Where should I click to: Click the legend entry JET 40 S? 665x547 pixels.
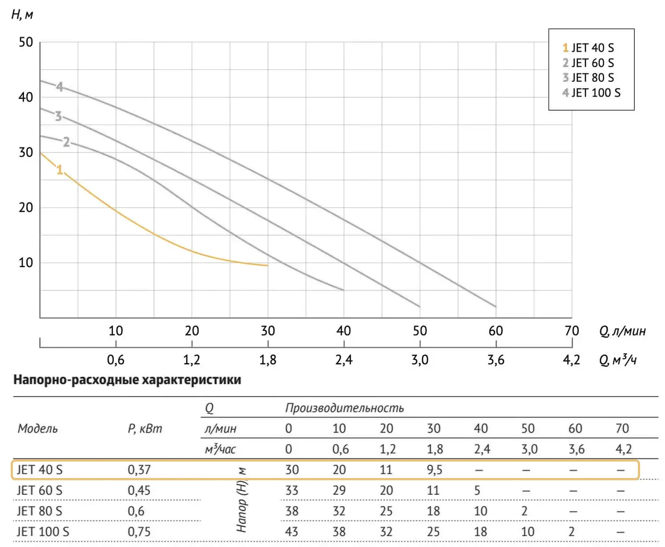pyautogui.click(x=588, y=48)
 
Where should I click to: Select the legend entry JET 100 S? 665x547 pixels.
pyautogui.click(x=591, y=93)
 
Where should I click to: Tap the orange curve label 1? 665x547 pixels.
pyautogui.click(x=60, y=170)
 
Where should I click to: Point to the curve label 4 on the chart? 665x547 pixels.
pyautogui.click(x=60, y=86)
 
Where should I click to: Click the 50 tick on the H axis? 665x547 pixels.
pyautogui.click(x=26, y=42)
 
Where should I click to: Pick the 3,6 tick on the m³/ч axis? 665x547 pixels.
pyautogui.click(x=496, y=360)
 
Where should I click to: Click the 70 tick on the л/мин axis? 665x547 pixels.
pyautogui.click(x=572, y=331)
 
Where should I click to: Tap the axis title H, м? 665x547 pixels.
pyautogui.click(x=22, y=15)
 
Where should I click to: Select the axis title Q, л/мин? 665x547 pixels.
pyautogui.click(x=622, y=331)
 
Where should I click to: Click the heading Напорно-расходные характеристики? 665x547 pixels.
pyautogui.click(x=127, y=380)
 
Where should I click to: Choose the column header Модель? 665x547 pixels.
pyautogui.click(x=38, y=429)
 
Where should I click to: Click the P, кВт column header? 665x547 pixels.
pyautogui.click(x=145, y=429)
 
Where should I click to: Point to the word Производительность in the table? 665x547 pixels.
pyautogui.click(x=344, y=408)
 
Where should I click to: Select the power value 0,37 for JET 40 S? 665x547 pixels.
pyautogui.click(x=139, y=470)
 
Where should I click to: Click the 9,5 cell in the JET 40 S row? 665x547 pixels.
pyautogui.click(x=434, y=470)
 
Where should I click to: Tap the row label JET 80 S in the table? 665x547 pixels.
pyautogui.click(x=40, y=511)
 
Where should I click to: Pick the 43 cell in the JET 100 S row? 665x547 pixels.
pyautogui.click(x=292, y=531)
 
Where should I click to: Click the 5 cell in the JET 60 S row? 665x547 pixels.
pyautogui.click(x=477, y=490)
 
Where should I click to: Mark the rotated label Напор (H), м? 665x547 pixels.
pyautogui.click(x=242, y=500)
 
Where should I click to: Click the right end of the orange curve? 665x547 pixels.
pyautogui.click(x=267, y=265)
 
